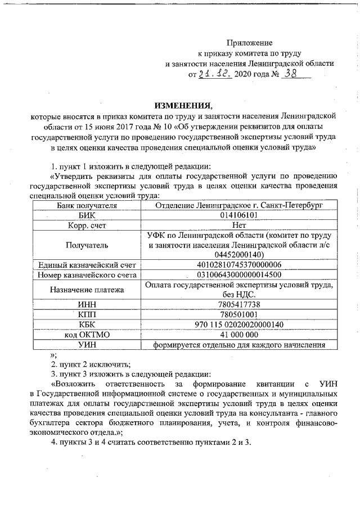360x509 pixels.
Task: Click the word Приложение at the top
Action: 249,43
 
